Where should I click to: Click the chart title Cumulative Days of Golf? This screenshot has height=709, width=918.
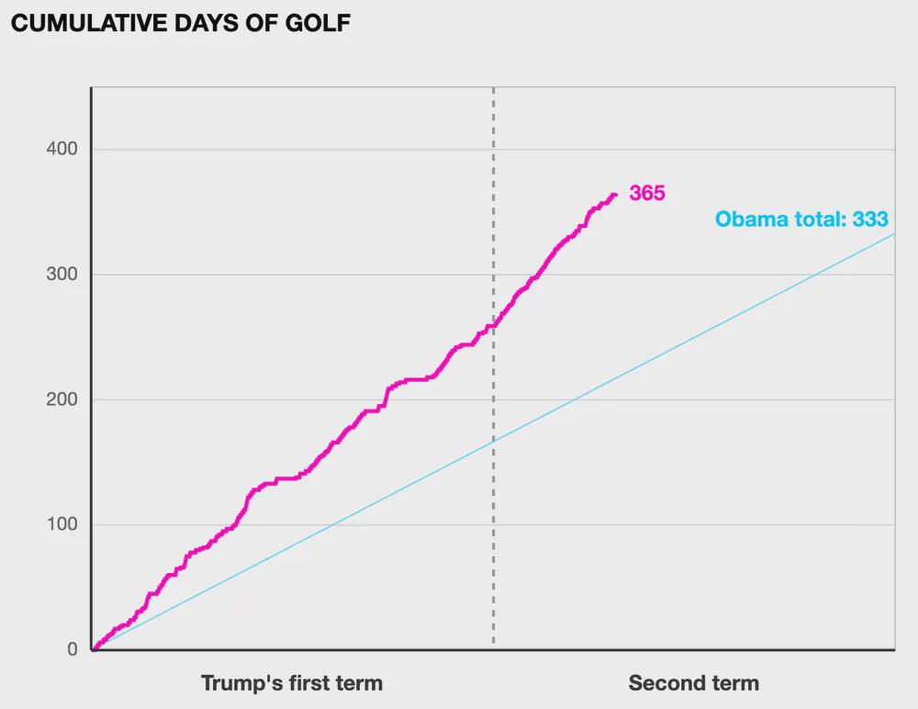180,24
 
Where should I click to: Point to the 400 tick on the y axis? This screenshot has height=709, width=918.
62,150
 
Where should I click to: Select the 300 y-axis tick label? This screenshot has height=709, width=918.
62,275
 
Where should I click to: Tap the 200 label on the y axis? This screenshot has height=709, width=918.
62,400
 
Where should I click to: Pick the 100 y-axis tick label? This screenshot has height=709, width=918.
62,524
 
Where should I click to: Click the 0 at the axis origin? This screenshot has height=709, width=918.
72,649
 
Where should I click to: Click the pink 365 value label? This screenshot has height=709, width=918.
646,194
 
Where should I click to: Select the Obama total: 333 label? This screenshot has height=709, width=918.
801,219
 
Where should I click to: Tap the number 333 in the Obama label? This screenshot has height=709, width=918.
869,219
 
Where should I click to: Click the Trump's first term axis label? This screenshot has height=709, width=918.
291,683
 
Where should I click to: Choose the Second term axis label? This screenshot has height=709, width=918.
693,683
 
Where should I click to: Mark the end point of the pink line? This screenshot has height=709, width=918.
615,194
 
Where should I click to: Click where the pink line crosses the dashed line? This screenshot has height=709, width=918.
494,325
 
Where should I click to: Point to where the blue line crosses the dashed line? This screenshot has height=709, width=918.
494,441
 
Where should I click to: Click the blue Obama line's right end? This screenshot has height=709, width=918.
894,234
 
